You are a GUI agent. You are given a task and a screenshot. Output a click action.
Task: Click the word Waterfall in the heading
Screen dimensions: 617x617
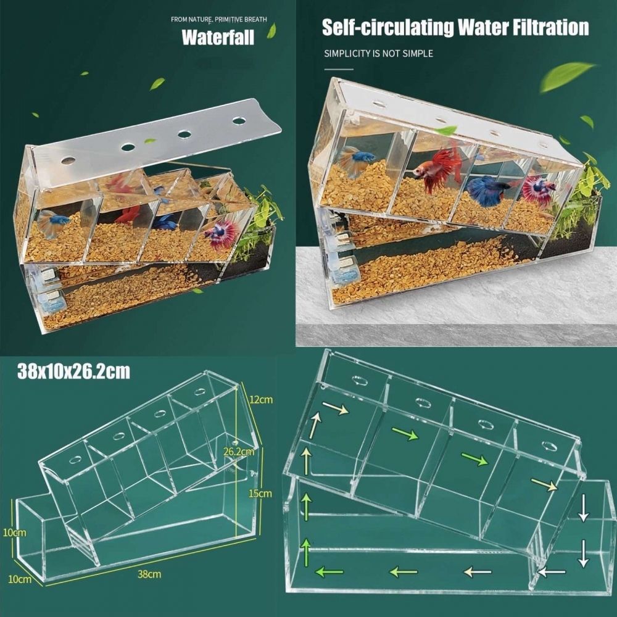pyautogui.click(x=218, y=38)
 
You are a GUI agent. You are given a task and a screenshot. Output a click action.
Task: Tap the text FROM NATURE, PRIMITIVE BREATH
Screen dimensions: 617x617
pyautogui.click(x=219, y=19)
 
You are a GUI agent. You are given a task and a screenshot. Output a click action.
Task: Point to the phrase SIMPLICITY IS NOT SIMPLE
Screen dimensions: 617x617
pyautogui.click(x=378, y=54)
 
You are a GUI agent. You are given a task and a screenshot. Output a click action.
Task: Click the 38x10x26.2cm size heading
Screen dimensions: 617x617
pyautogui.click(x=73, y=372)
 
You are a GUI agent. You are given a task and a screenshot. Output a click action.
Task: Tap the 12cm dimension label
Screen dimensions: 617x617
pyautogui.click(x=261, y=400)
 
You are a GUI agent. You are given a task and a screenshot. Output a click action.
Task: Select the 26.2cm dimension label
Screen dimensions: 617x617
pyautogui.click(x=239, y=452)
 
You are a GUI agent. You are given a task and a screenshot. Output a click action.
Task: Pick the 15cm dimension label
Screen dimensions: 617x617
pyautogui.click(x=260, y=493)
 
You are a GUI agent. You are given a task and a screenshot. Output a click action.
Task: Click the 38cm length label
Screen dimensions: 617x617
pyautogui.click(x=149, y=574)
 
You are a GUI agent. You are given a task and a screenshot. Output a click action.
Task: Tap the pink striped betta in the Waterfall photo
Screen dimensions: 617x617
pyautogui.click(x=222, y=235)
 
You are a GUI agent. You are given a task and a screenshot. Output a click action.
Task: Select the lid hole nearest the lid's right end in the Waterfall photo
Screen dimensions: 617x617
pyautogui.click(x=239, y=120)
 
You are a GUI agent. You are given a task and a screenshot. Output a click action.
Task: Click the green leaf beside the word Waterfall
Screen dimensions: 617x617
pyautogui.click(x=271, y=31)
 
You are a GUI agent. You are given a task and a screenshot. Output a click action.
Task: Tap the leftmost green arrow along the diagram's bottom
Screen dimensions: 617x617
pyautogui.click(x=329, y=571)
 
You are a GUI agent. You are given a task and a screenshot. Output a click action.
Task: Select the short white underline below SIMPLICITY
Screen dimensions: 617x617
pyautogui.click(x=339, y=69)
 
